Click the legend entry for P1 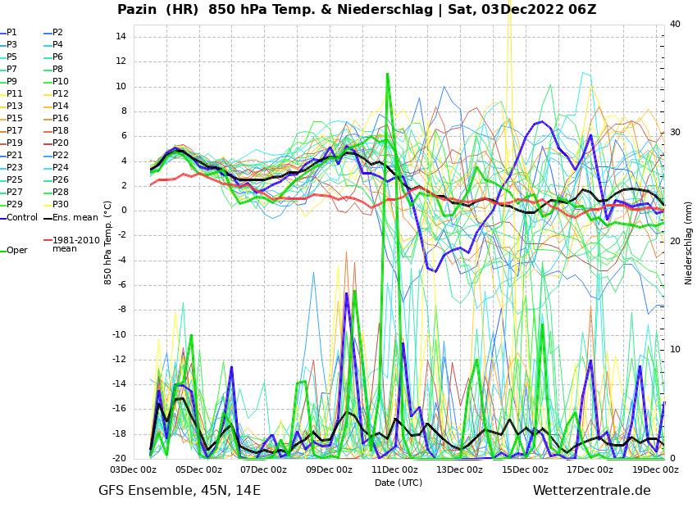(11, 33)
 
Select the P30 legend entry (61, 205)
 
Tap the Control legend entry (22, 218)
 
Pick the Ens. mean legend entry (75, 218)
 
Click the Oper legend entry (16, 251)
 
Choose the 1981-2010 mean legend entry (75, 244)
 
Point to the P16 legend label (61, 119)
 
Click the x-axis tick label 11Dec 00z (394, 470)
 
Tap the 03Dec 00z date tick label (134, 470)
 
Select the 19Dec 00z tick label (655, 470)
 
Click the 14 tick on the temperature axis (120, 37)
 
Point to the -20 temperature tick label (117, 459)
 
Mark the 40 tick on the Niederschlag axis (675, 25)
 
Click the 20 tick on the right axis (675, 242)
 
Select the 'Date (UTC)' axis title (399, 483)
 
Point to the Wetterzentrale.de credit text (591, 491)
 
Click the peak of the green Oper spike (388, 74)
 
